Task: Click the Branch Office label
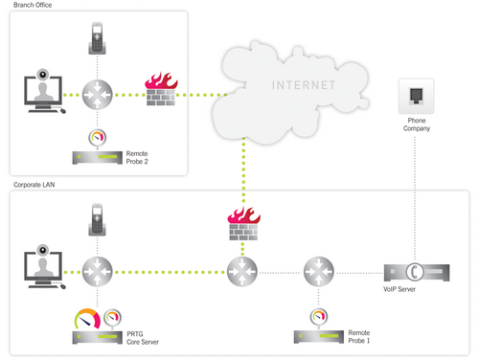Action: (x=32, y=6)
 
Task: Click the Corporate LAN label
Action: (x=33, y=184)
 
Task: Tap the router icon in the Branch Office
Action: (x=97, y=94)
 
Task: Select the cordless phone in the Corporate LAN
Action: (x=97, y=219)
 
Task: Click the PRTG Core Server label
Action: (x=141, y=336)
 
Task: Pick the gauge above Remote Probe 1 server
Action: (x=315, y=317)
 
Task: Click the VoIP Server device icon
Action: (x=414, y=272)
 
